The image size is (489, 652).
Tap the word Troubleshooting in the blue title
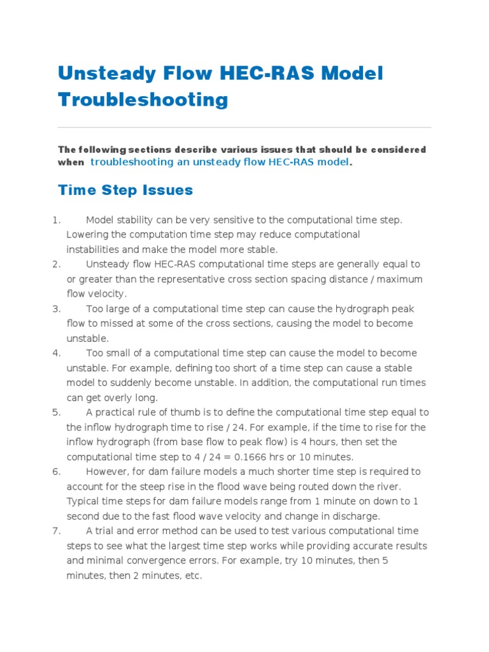pos(143,99)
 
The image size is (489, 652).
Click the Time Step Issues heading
pos(125,190)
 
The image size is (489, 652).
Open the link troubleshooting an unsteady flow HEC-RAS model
pos(220,162)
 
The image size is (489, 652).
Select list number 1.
pos(56,220)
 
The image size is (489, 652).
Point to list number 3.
pos(56,309)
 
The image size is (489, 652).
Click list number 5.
pos(56,412)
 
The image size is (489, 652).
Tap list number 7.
pos(56,530)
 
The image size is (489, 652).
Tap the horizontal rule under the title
pos(244,127)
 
